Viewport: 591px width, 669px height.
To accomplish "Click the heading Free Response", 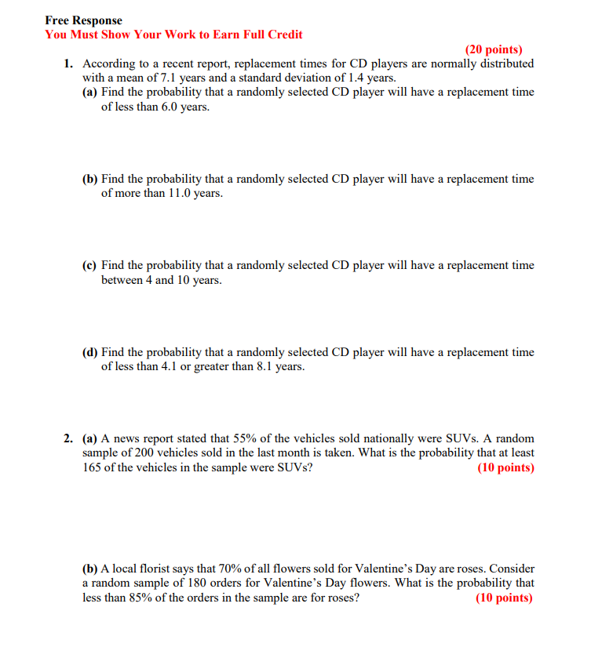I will pos(83,20).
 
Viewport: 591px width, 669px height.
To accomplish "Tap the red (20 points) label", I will pos(494,49).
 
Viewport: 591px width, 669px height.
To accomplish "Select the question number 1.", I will pos(69,64).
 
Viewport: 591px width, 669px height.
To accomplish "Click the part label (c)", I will pos(90,266).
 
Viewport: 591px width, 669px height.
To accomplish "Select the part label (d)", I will pos(90,353).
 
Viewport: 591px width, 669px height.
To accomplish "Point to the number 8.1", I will pos(265,367).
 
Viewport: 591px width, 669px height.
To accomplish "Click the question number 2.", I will pos(69,438).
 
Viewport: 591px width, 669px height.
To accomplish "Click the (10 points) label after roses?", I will pos(505,598).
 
